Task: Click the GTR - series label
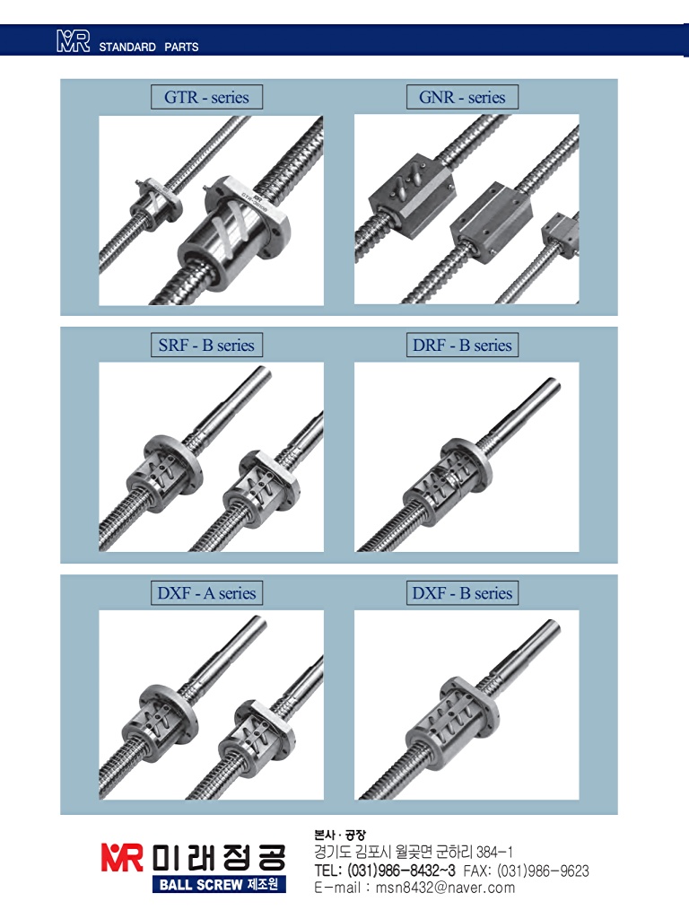[206, 97]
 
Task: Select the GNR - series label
[462, 97]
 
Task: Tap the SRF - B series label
[206, 346]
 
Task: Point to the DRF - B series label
[462, 346]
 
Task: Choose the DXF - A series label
[206, 593]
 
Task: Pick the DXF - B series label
[462, 593]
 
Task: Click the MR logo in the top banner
[74, 41]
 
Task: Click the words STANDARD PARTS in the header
[149, 47]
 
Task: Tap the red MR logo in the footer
[122, 857]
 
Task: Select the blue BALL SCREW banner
[219, 884]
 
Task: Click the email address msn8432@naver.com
[445, 888]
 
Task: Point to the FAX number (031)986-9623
[543, 871]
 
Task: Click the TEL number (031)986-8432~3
[401, 871]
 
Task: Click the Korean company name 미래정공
[219, 858]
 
